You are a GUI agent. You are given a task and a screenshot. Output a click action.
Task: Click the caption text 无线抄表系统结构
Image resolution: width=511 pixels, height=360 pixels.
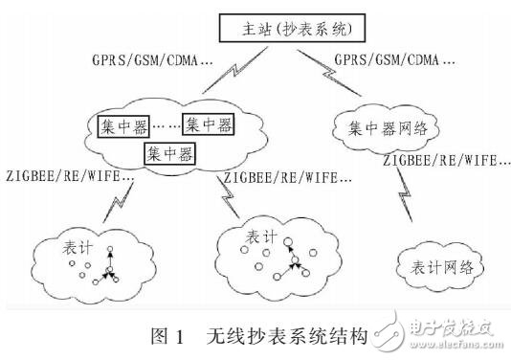286,336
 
